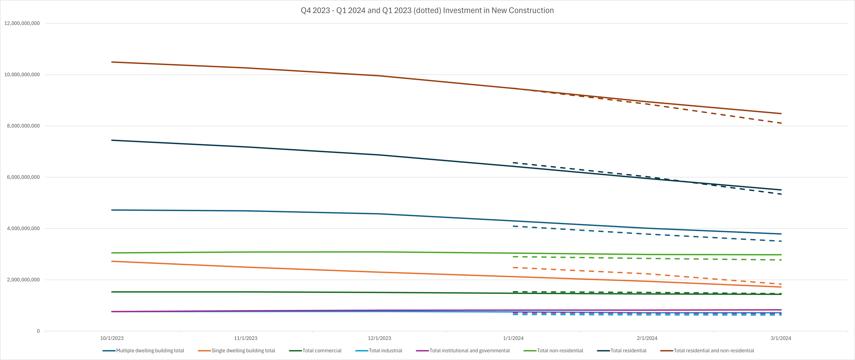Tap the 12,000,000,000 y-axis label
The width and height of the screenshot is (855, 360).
coord(22,23)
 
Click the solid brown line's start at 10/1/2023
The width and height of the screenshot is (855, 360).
coord(112,62)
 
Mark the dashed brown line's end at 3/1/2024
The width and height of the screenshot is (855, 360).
coord(781,123)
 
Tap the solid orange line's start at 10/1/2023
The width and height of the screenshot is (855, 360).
coord(112,261)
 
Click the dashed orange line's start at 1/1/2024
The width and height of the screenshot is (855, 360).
coord(513,267)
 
